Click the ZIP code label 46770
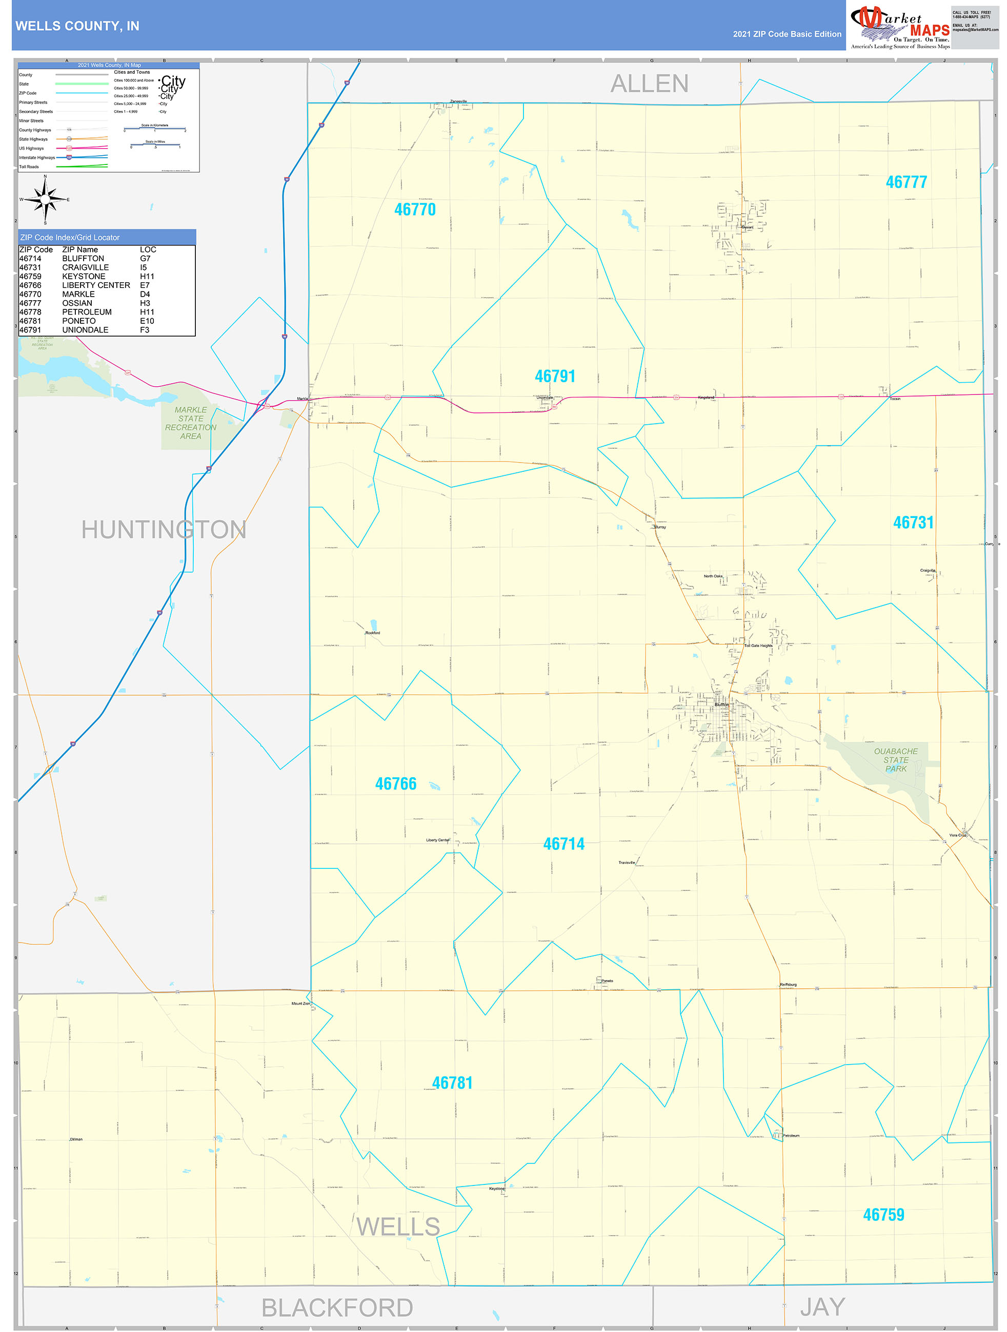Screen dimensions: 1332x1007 pos(415,210)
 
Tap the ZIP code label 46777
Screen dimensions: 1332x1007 pos(906,182)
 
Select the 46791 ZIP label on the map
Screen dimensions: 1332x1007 pos(555,377)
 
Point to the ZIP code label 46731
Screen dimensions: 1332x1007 pos(913,523)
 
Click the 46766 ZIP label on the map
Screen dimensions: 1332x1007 pos(395,783)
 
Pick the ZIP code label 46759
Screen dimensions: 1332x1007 pos(883,1215)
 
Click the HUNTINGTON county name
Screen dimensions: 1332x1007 pos(164,530)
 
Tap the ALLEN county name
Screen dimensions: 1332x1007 pos(650,84)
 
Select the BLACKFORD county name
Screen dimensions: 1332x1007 pos(337,1308)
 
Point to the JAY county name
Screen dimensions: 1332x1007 pos(822,1307)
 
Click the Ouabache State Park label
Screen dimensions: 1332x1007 pos(896,760)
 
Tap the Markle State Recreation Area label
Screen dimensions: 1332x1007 pos(190,423)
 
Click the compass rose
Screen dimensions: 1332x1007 pos(45,199)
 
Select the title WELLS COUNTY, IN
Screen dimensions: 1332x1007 pos(77,26)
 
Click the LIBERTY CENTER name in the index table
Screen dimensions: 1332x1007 pos(96,285)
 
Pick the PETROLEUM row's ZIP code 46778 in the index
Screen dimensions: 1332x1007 pos(30,312)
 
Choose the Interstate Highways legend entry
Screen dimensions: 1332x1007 pos(37,158)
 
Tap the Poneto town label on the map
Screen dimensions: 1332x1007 pos(607,981)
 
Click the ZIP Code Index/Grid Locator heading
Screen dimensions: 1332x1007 pos(70,238)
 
